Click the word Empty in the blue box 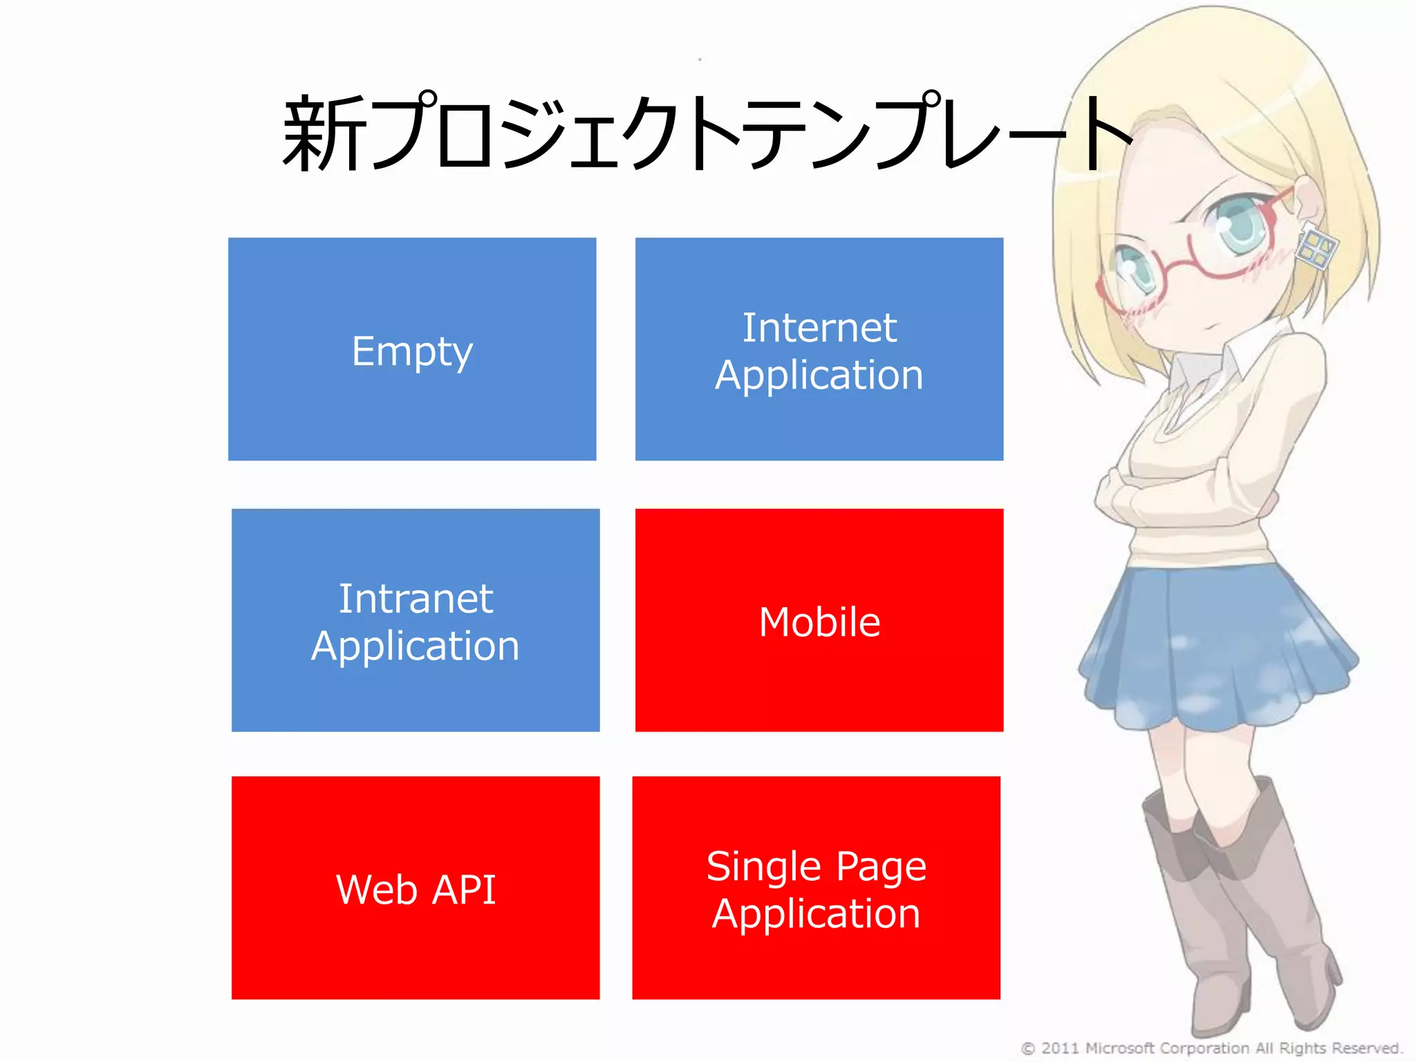(x=412, y=352)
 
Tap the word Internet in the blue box (x=819, y=327)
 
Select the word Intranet (x=416, y=598)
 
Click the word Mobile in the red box (x=819, y=622)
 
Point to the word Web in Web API (x=377, y=889)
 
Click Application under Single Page (x=816, y=914)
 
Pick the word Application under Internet (x=819, y=375)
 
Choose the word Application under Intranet (x=415, y=646)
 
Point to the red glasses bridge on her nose (x=1175, y=259)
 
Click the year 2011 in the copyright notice (x=1061, y=1048)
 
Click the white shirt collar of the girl (x=1203, y=366)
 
